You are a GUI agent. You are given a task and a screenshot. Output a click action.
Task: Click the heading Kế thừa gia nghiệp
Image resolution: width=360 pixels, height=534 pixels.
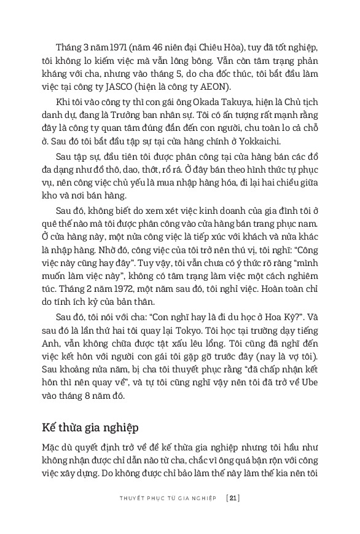coord(90,426)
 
